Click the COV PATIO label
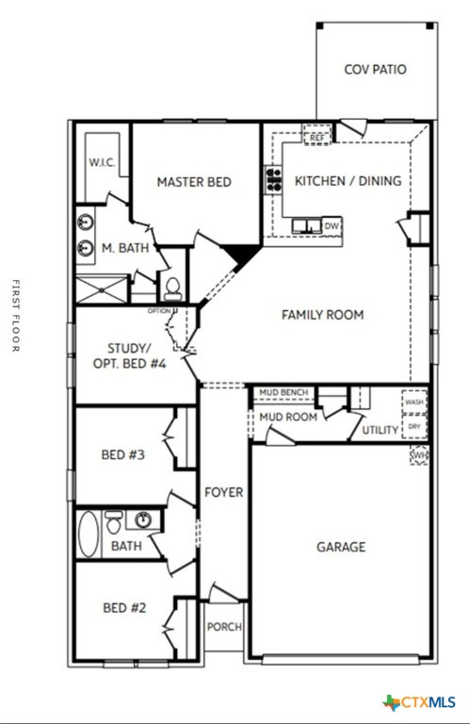click(375, 70)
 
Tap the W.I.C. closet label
click(102, 163)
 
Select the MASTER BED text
click(194, 182)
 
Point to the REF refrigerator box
click(317, 138)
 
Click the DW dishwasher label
click(331, 226)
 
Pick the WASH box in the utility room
click(414, 402)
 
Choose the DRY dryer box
click(414, 427)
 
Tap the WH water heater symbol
click(419, 456)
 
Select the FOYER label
click(224, 492)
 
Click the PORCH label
click(224, 627)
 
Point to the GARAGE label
click(340, 547)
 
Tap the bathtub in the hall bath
click(88, 533)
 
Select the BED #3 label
click(123, 455)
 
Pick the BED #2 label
click(124, 608)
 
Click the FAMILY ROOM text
click(322, 315)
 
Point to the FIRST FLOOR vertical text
click(15, 316)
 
